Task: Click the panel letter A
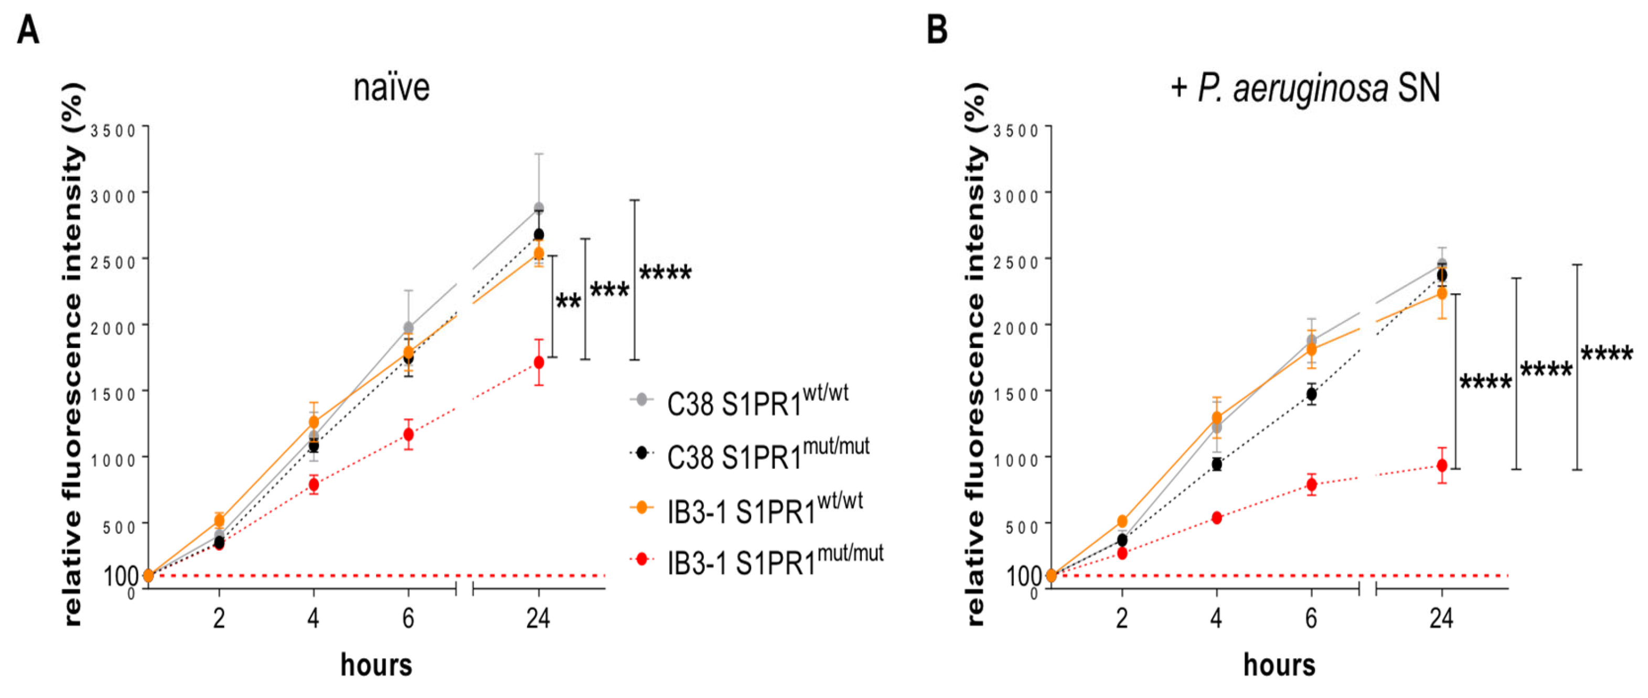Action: point(28,31)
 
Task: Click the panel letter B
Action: point(937,31)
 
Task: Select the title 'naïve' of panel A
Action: point(391,88)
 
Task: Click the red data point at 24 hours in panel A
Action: point(539,363)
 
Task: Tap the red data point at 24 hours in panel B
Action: point(1442,465)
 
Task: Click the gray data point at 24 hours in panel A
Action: point(539,209)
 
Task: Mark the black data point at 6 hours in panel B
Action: point(1311,394)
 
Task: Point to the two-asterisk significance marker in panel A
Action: point(568,300)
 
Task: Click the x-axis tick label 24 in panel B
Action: point(1441,619)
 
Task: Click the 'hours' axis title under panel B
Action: point(1279,665)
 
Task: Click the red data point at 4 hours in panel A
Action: point(314,485)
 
